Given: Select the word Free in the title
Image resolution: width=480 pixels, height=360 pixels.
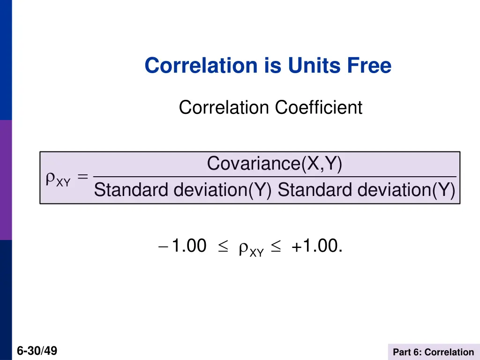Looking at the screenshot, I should point(369,66).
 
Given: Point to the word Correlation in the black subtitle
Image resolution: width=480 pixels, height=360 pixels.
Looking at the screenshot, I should point(225,108).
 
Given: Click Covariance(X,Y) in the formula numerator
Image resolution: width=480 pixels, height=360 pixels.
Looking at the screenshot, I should point(275,164).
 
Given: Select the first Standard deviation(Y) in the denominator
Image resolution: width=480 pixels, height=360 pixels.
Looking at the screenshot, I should point(183,190).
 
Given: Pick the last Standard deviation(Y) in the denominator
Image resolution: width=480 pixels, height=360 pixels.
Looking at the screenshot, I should point(366,190).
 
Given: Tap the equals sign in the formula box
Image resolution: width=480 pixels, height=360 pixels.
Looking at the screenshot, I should point(82,177).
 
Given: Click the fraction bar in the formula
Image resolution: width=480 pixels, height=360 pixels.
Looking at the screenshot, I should point(275,177).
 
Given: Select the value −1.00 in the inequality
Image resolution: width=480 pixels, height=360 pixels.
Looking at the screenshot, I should point(183,246).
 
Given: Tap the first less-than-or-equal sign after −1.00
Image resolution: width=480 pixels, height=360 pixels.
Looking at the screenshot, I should point(222,247).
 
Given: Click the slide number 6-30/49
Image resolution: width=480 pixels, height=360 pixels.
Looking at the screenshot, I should point(37,350).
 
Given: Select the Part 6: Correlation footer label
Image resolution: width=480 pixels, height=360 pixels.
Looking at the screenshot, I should point(433,352).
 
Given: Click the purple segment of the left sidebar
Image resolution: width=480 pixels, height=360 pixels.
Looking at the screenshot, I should point(6,180).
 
